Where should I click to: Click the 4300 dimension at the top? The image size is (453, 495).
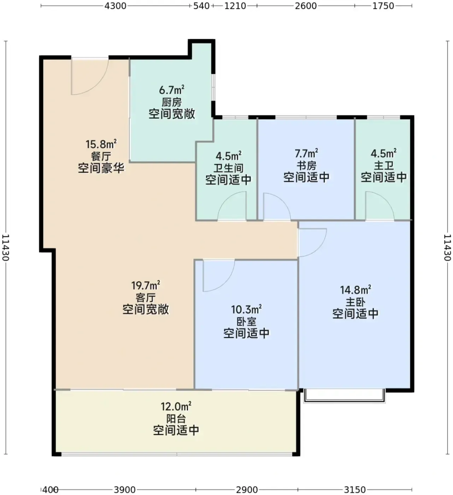(x=115, y=6)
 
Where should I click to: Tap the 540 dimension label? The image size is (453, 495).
(x=201, y=6)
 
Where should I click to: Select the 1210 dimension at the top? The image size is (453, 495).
(x=235, y=6)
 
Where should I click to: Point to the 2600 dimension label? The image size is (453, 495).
(x=306, y=6)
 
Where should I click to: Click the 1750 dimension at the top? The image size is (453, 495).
(x=383, y=6)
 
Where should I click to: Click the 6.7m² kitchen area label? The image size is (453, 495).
(x=172, y=90)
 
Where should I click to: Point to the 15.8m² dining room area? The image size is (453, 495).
(x=101, y=144)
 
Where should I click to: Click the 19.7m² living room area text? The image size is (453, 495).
(x=146, y=285)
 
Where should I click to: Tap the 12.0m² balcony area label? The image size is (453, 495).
(x=176, y=406)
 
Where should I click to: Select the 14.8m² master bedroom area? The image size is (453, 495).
(x=355, y=290)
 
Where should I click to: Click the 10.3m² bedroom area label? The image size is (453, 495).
(x=246, y=309)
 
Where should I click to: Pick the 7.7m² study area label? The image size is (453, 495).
(x=306, y=153)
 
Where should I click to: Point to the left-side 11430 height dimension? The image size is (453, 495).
(x=5, y=248)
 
